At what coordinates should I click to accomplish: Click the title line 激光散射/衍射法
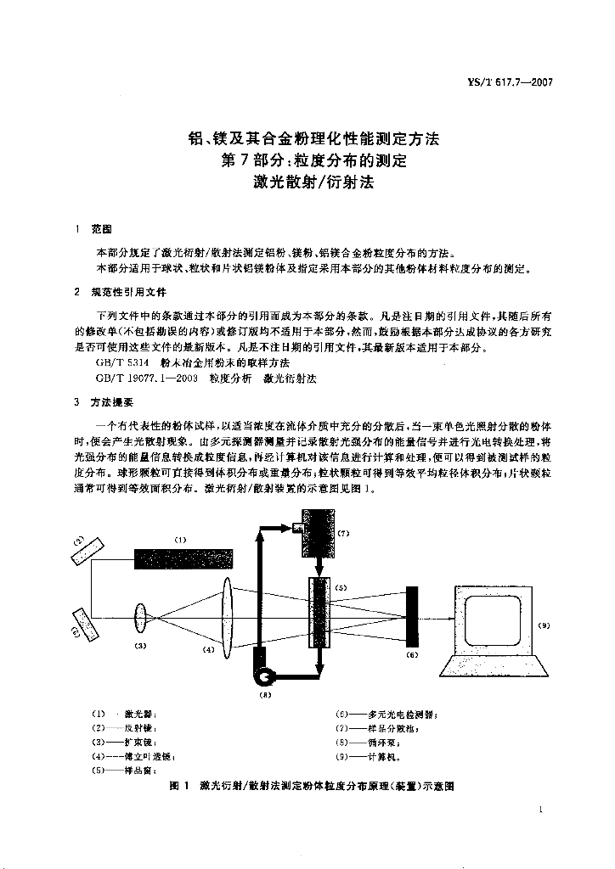pyautogui.click(x=313, y=181)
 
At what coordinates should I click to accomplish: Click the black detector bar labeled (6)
pyautogui.click(x=412, y=618)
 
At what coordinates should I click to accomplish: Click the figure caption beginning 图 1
pyautogui.click(x=313, y=787)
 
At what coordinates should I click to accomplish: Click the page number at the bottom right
pyautogui.click(x=540, y=811)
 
